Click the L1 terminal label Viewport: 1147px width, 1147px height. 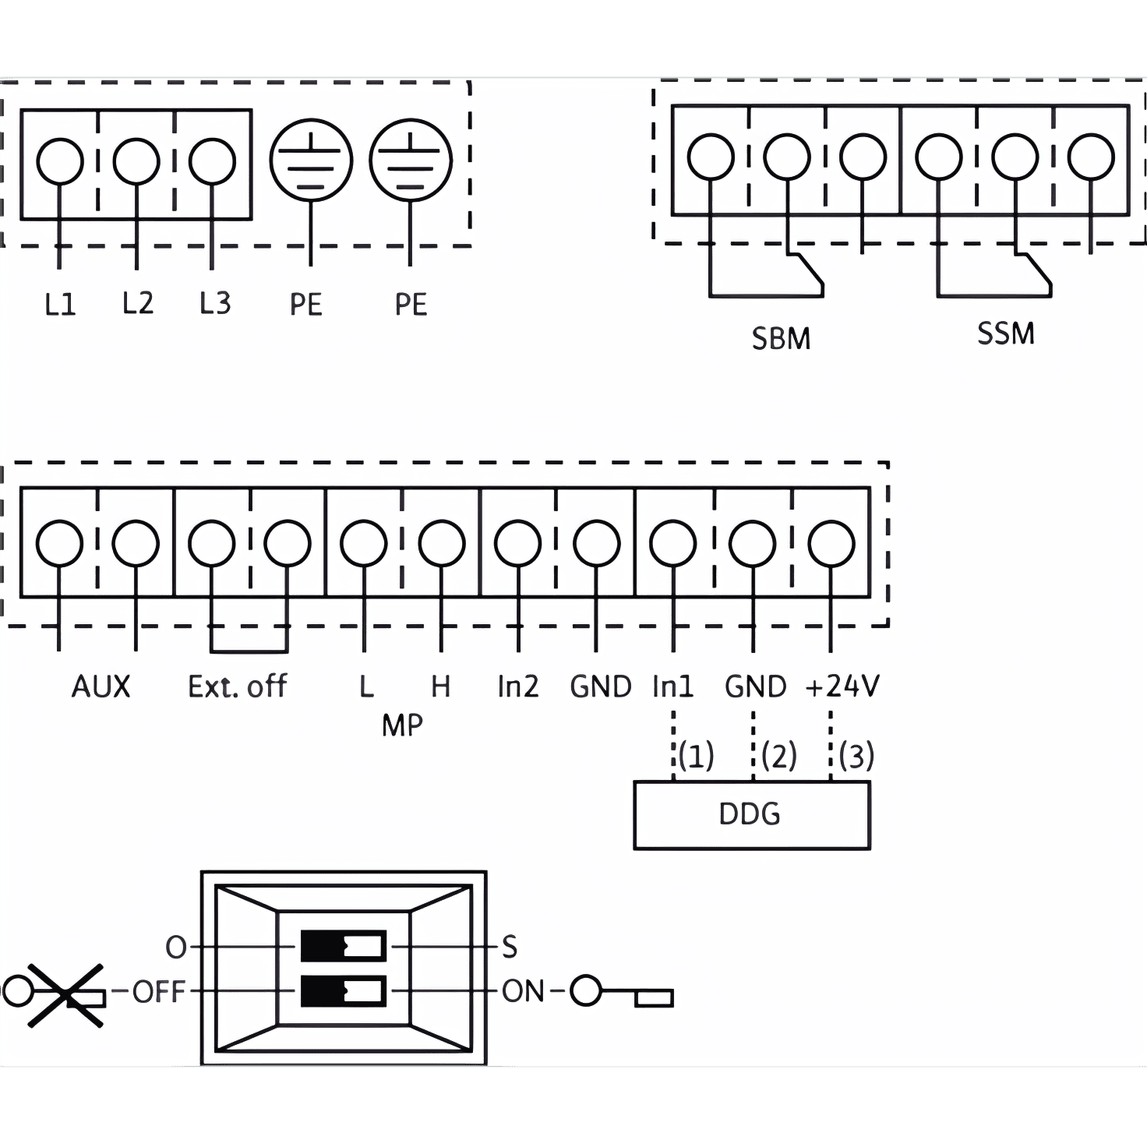tap(60, 304)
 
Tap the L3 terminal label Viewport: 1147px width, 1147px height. tap(215, 303)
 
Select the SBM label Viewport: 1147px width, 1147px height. tap(781, 339)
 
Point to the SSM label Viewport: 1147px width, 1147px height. tap(1005, 334)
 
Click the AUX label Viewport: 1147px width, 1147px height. tap(101, 686)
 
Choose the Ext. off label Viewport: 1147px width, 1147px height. tap(237, 686)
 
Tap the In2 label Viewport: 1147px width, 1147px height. tap(517, 686)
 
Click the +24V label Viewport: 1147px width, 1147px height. tap(842, 686)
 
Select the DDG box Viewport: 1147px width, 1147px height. tap(751, 814)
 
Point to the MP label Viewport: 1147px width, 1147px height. tap(402, 725)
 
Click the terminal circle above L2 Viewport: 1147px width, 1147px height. tap(136, 161)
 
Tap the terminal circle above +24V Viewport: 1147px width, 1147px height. tap(831, 542)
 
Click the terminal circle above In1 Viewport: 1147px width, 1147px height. tap(673, 542)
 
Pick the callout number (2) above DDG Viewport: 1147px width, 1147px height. tap(779, 755)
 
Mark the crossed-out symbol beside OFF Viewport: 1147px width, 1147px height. tap(65, 994)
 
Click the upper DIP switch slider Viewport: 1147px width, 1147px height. tap(343, 947)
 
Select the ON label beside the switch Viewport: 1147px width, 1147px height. tap(523, 992)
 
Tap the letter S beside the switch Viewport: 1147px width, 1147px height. tap(509, 948)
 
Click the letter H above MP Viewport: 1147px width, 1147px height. tap(440, 686)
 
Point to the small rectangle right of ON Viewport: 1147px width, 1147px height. tap(654, 998)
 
